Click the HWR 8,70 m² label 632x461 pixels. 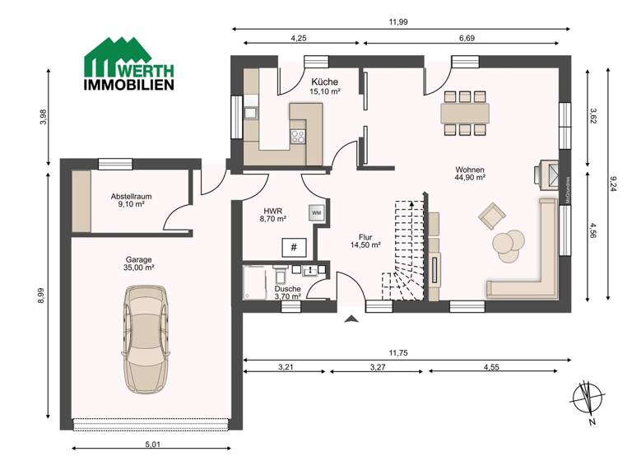272,213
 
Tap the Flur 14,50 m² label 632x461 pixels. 365,240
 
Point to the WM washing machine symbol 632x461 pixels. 316,212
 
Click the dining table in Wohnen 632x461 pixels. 465,111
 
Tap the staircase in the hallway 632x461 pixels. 403,251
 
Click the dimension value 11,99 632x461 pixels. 398,22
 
